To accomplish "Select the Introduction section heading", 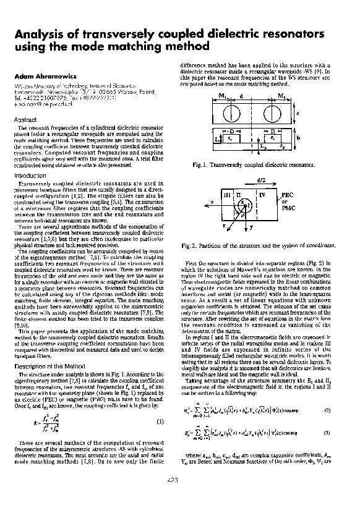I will coord(30,176).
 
